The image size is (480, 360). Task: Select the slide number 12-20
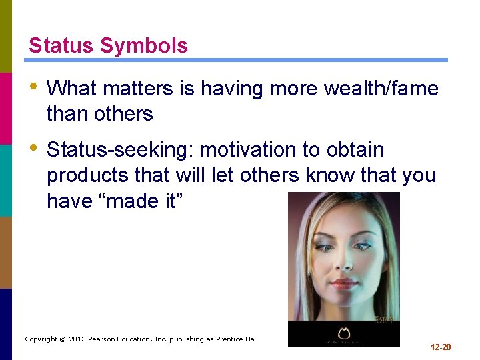pos(441,347)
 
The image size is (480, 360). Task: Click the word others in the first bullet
pos(125,114)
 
